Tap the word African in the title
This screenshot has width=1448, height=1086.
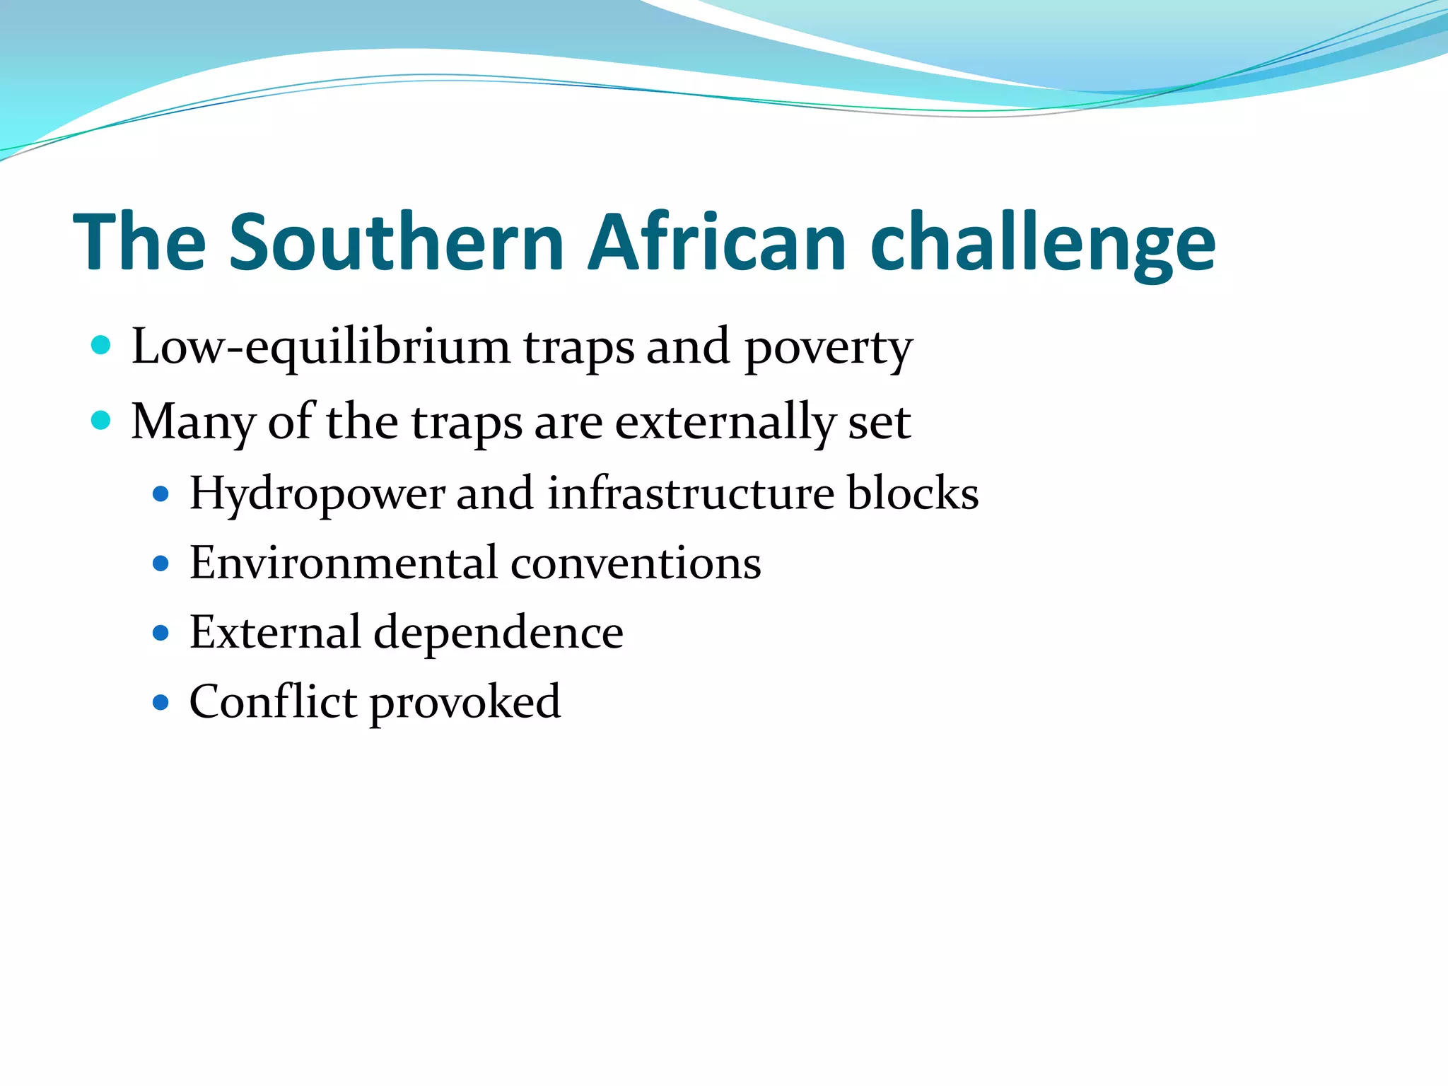(x=716, y=243)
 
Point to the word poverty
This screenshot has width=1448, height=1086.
(x=828, y=349)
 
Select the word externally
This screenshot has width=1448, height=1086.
(x=725, y=423)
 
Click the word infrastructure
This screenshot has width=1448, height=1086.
(x=691, y=493)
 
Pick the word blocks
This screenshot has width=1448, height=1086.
(x=913, y=493)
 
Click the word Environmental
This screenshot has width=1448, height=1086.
(x=343, y=564)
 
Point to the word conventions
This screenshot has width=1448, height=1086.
(x=636, y=564)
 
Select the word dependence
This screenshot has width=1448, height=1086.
(x=498, y=632)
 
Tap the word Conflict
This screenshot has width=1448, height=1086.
(x=273, y=701)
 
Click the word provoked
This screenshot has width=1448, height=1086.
(x=465, y=703)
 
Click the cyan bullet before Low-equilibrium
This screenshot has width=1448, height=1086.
(x=101, y=345)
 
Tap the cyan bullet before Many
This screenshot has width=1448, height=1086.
(x=101, y=421)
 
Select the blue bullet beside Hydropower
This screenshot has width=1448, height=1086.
(x=161, y=494)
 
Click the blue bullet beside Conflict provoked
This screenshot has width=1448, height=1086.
(x=161, y=702)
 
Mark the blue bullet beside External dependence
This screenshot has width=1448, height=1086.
(x=161, y=632)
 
